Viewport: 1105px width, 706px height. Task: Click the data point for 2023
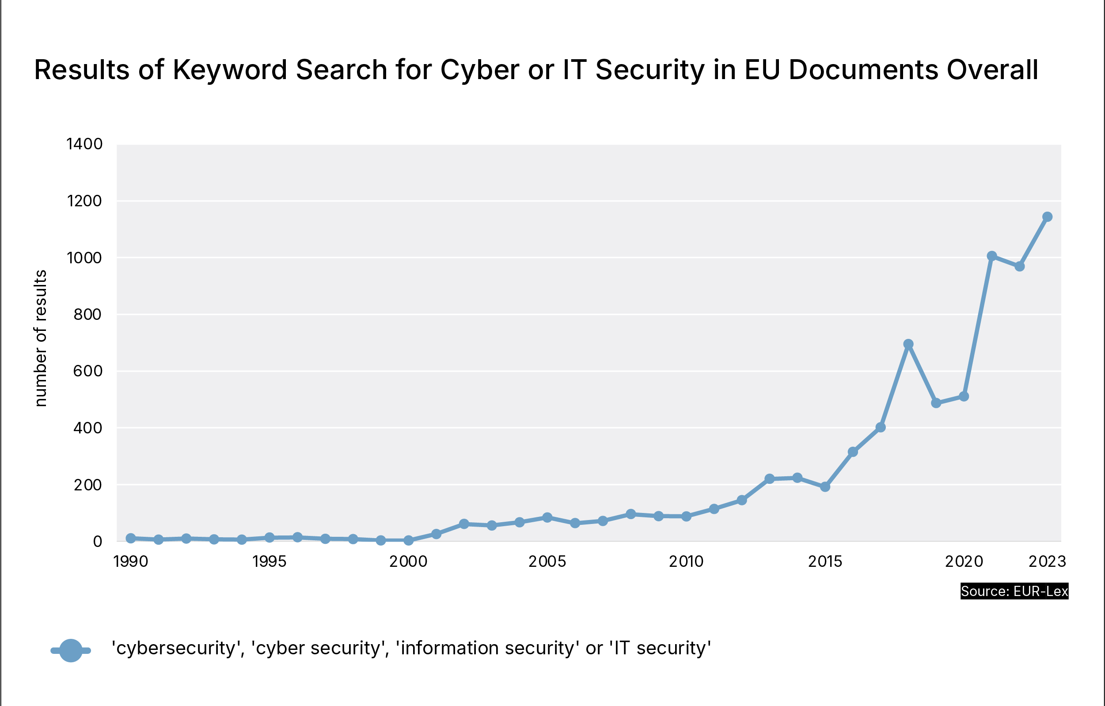pyautogui.click(x=1047, y=216)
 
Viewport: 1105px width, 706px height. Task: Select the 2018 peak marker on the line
pyautogui.click(x=908, y=344)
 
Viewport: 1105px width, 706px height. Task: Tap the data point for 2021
pyautogui.click(x=991, y=256)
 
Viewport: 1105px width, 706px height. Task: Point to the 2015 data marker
pyautogui.click(x=825, y=487)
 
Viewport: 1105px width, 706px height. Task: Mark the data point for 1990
pyautogui.click(x=131, y=538)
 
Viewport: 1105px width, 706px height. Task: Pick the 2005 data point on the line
pyautogui.click(x=547, y=517)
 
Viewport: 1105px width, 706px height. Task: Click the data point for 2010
pyautogui.click(x=686, y=516)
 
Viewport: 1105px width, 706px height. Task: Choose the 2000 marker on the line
pyautogui.click(x=408, y=540)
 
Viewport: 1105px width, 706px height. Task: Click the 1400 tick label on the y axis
pyautogui.click(x=84, y=144)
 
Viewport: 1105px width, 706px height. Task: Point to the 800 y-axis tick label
pyautogui.click(x=87, y=315)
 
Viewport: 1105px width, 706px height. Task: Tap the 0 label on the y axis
pyautogui.click(x=97, y=542)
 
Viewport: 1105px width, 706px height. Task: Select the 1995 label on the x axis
pyautogui.click(x=270, y=562)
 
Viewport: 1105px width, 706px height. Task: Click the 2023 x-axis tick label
pyautogui.click(x=1047, y=562)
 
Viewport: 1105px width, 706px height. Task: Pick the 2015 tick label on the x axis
pyautogui.click(x=825, y=562)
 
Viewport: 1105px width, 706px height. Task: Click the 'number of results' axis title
pyautogui.click(x=41, y=338)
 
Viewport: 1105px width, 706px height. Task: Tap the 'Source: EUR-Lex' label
pyautogui.click(x=1014, y=591)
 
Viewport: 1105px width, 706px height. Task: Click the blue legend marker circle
pyautogui.click(x=71, y=650)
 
